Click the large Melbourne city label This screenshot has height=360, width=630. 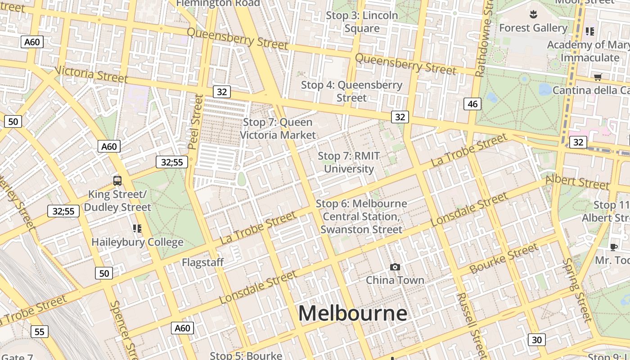352,313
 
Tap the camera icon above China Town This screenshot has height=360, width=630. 395,267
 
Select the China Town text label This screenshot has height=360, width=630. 395,280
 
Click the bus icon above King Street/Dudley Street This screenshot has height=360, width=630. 117,181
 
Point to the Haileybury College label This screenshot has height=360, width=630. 137,242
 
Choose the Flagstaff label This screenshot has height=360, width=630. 203,262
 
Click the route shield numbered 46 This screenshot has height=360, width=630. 472,104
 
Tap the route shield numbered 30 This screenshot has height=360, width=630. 536,340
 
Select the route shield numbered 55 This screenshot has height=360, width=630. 40,332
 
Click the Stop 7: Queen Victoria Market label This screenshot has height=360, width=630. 278,129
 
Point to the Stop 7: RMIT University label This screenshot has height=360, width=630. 349,162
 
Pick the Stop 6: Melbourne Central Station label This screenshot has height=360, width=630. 361,216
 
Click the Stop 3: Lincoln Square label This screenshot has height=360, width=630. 362,22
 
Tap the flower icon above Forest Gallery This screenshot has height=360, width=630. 533,14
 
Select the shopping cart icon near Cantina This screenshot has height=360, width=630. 598,77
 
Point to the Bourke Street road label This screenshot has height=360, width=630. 504,259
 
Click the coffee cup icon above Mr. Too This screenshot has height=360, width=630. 613,247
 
